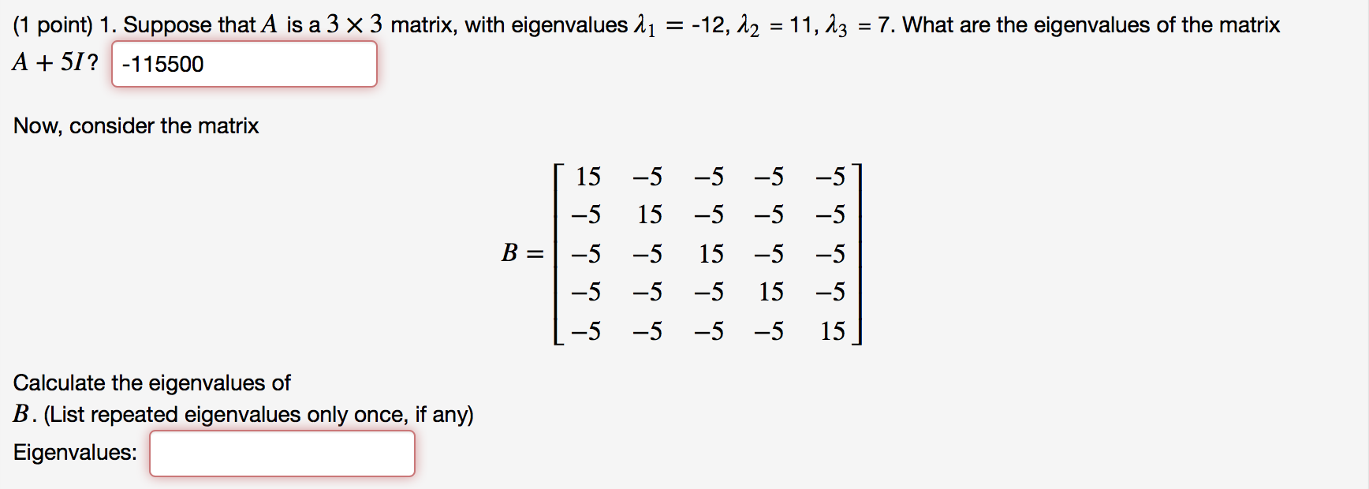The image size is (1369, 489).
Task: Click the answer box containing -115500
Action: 244,64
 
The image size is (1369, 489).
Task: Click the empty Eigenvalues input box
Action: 282,454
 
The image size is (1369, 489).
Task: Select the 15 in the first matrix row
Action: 588,177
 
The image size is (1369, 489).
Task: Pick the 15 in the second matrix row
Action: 649,215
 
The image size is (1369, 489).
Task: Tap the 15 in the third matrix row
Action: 711,254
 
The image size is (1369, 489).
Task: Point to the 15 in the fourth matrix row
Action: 770,293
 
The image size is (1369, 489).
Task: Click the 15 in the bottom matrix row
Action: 832,331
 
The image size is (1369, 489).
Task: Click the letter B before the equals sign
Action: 509,253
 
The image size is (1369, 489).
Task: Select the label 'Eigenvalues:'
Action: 75,453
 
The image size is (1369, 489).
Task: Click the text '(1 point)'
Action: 53,25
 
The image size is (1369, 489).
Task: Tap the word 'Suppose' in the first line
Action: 167,25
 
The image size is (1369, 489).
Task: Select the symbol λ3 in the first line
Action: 836,26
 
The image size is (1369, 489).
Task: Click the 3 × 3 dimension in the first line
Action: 354,25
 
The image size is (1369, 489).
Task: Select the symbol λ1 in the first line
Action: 644,26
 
